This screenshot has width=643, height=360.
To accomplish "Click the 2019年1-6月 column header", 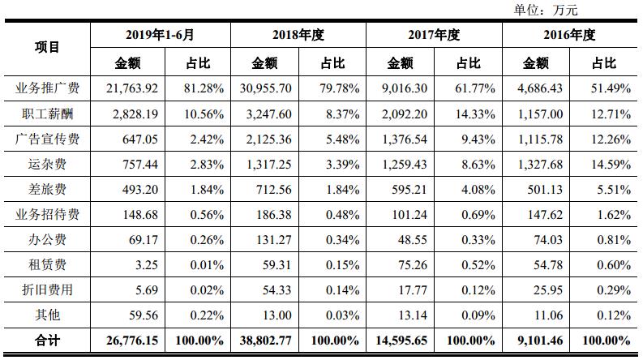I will pos(161,36).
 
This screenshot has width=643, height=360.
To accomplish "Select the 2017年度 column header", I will pos(434,36).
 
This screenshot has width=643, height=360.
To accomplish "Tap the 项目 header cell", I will pos(48,47).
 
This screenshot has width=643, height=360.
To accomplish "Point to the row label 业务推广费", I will pos(48,88).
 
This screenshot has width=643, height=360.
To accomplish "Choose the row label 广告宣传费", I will pos(48,139).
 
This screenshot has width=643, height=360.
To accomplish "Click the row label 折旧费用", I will pos(48,290).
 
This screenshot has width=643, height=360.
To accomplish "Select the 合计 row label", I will pos(48,341).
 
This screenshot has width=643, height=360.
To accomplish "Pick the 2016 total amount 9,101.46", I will pos(541,341).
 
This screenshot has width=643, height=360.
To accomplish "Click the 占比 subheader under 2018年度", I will pos(332,62).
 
